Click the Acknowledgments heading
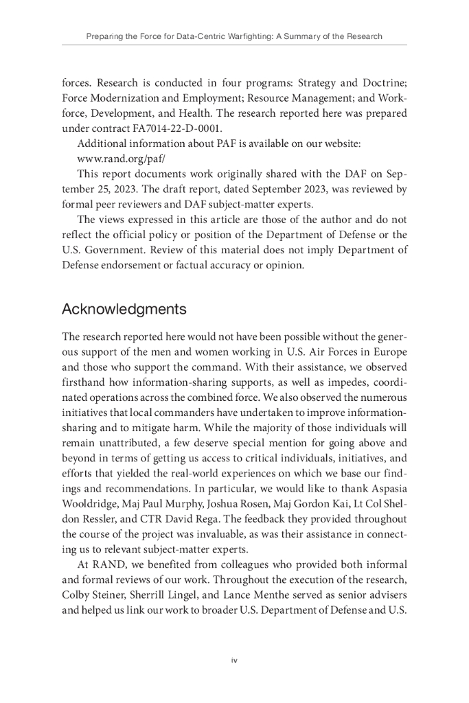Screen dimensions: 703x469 124,309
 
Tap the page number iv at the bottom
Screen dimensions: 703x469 234,660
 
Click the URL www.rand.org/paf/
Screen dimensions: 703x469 117,158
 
